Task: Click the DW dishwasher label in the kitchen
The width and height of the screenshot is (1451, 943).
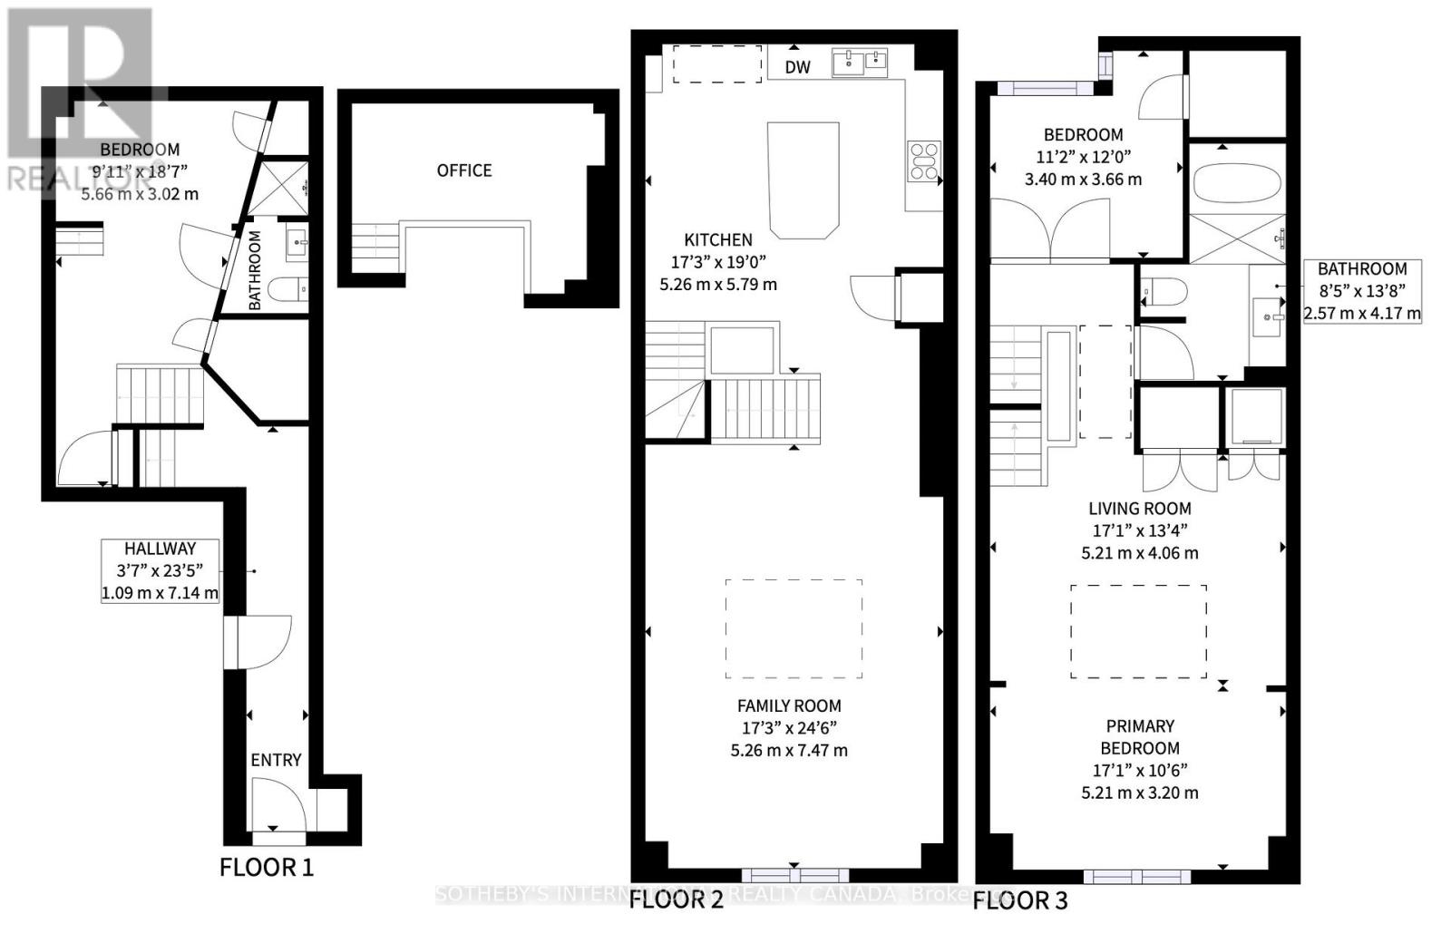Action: pos(797,66)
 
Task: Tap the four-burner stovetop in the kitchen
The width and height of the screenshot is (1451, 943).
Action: pos(924,161)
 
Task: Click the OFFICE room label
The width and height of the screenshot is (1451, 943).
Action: pos(464,170)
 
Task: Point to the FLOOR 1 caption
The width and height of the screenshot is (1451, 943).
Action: pos(266,868)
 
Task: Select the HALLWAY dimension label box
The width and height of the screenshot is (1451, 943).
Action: pos(161,570)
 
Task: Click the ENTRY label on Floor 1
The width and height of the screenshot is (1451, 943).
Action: pos(276,760)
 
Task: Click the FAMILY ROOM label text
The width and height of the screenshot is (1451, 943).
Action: pos(788,705)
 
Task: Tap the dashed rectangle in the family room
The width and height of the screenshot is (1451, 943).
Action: pos(794,628)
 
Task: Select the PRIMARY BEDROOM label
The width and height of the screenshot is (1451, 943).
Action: pos(1140,737)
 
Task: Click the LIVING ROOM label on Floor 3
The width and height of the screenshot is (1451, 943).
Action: pos(1140,509)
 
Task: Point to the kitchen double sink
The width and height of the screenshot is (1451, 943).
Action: pos(859,63)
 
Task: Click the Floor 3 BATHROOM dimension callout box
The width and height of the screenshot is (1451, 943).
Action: pos(1362,291)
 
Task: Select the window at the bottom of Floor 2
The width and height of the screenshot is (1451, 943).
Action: pos(794,875)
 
